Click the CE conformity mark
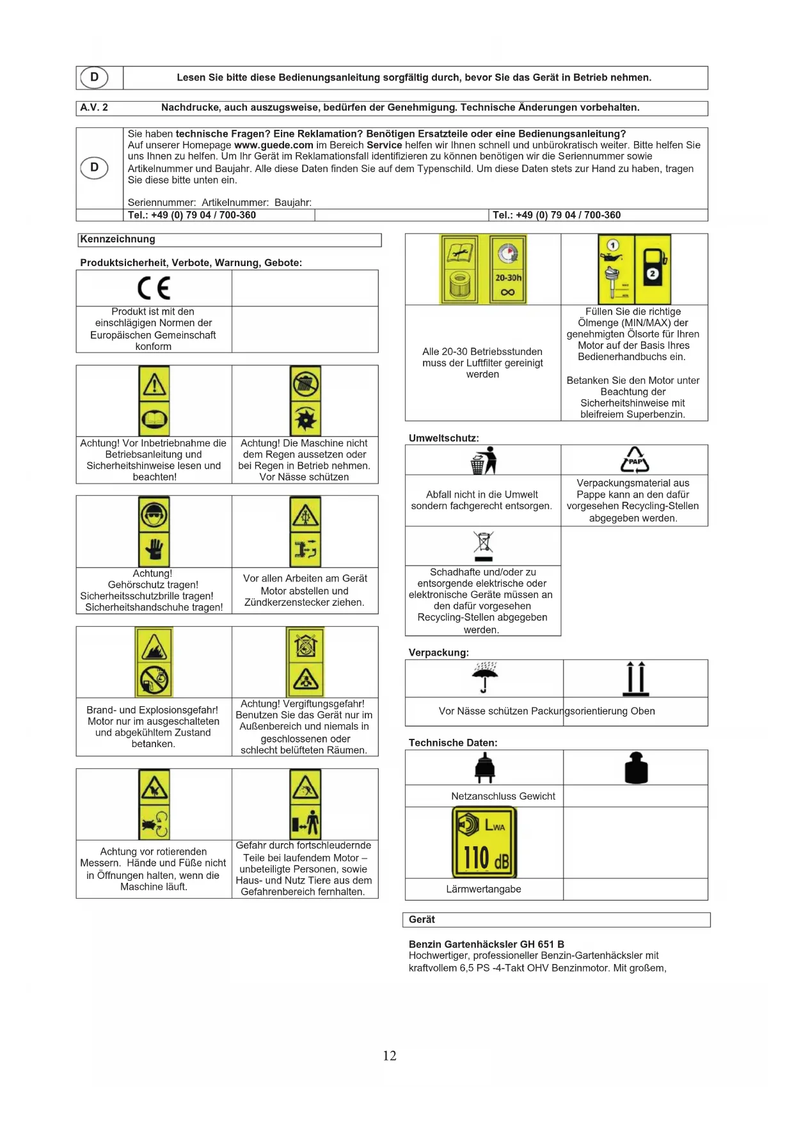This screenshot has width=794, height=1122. point(154,288)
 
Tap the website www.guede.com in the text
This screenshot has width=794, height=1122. point(273,145)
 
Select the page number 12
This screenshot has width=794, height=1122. point(390,1055)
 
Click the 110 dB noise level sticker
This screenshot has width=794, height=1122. point(484,842)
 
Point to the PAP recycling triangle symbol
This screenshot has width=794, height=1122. point(635,459)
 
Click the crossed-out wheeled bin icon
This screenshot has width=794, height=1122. point(484,546)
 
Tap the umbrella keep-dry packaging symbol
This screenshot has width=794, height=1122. point(484,677)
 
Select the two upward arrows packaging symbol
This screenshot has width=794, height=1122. point(635,678)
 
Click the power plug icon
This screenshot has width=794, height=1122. point(484,768)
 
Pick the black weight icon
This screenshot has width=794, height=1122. point(636,768)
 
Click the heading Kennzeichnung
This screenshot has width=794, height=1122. point(118,239)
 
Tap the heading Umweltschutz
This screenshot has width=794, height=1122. point(443,438)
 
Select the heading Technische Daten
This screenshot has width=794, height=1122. point(453,743)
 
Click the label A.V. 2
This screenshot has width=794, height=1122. point(94,107)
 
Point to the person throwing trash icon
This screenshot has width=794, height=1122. point(484,460)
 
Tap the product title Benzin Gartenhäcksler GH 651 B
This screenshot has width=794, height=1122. point(486,944)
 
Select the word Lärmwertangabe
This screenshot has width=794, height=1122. point(484,889)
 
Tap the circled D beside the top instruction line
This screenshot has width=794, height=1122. point(94,77)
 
